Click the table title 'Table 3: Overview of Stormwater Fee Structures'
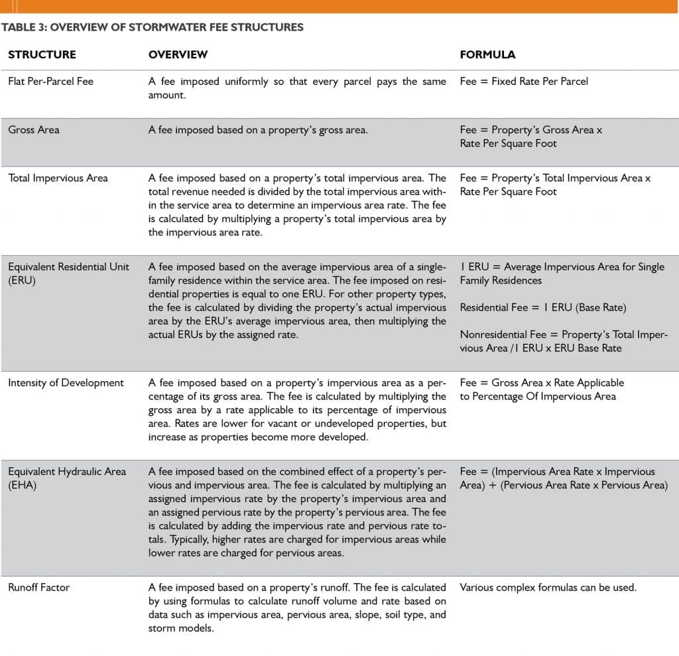pyautogui.click(x=153, y=27)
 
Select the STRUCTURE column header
pyautogui.click(x=42, y=54)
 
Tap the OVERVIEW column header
pyautogui.click(x=178, y=54)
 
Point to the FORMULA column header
pyautogui.click(x=487, y=54)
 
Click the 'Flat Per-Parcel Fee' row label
pyautogui.click(x=50, y=82)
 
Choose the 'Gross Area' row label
pyautogui.click(x=33, y=130)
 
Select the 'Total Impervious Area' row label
pyautogui.click(x=58, y=178)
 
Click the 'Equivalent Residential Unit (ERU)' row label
pyautogui.click(x=68, y=274)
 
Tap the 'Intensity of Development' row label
pyautogui.click(x=66, y=382)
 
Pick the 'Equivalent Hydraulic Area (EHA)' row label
pyautogui.click(x=66, y=478)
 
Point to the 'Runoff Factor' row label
pyautogui.click(x=38, y=587)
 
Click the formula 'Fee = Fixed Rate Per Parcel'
pyautogui.click(x=524, y=82)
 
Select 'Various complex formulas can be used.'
pyautogui.click(x=548, y=587)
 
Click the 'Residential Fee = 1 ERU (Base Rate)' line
pyautogui.click(x=543, y=307)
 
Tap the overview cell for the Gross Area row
pyautogui.click(x=258, y=130)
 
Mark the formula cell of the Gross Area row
pyautogui.click(x=530, y=137)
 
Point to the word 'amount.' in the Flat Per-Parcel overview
pyautogui.click(x=166, y=95)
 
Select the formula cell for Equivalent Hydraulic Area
pyautogui.click(x=564, y=478)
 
